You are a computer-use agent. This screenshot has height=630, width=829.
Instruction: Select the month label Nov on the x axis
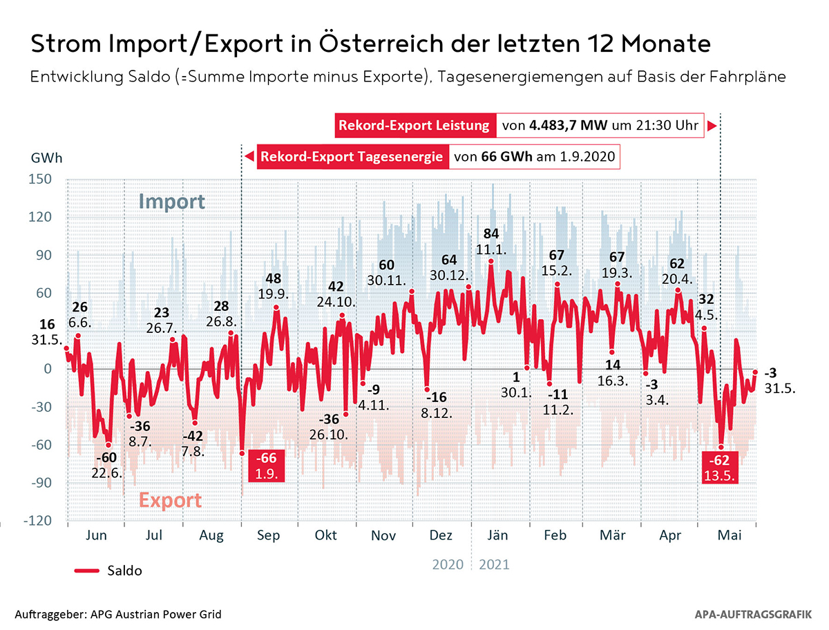coord(383,535)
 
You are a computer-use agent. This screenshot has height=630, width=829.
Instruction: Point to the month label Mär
coord(613,535)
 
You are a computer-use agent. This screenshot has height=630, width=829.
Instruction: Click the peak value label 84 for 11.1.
coord(490,233)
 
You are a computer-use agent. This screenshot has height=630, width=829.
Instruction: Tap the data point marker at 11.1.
coord(490,261)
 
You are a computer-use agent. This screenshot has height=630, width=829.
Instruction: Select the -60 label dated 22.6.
coord(106,459)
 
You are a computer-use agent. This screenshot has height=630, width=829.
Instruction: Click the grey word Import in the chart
coord(171,202)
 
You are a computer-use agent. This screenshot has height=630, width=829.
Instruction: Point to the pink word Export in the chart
coord(171,500)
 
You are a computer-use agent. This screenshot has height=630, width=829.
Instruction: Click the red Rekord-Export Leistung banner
coord(414,126)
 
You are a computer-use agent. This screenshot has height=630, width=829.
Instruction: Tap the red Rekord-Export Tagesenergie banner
coord(351,157)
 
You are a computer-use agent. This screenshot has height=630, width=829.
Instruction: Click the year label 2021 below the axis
coord(493,564)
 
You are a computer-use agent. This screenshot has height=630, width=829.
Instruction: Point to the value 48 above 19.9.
coord(275,279)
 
